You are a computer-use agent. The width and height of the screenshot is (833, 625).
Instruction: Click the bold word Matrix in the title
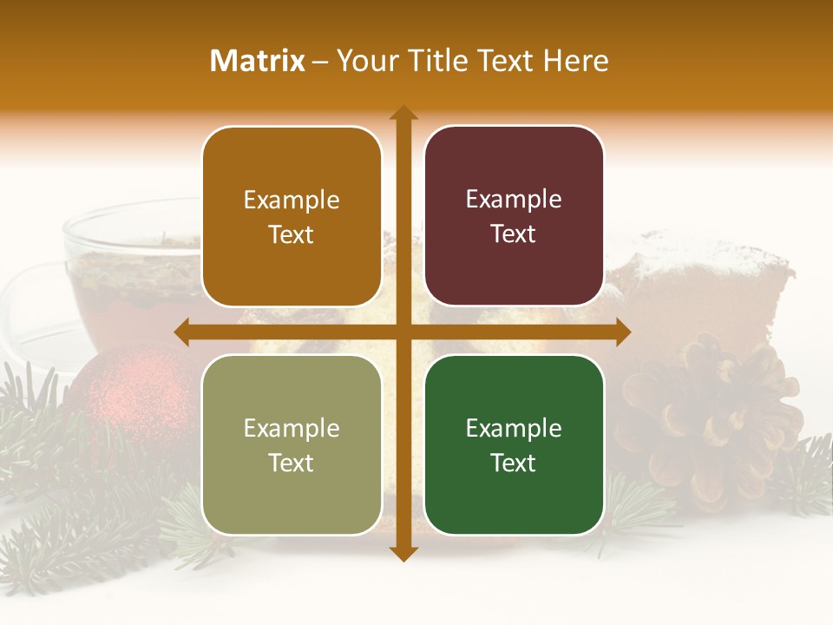[258, 61]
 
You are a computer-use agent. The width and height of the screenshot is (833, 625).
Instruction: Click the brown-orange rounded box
[292, 217]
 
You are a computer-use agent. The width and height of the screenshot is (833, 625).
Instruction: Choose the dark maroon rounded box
[514, 216]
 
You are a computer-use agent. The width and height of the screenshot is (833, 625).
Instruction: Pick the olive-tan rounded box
[292, 445]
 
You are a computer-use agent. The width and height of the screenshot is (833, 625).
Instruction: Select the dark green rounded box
[514, 444]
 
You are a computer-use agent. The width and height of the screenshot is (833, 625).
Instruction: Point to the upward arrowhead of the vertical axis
[403, 114]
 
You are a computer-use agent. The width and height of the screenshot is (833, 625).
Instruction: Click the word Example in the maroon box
[514, 199]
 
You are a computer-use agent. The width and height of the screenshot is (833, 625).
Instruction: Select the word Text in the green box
[514, 463]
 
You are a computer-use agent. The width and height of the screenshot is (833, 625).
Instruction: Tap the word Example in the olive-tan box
[292, 428]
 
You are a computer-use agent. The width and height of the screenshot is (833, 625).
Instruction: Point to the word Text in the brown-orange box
[292, 234]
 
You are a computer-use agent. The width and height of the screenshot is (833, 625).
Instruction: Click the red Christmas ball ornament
[130, 391]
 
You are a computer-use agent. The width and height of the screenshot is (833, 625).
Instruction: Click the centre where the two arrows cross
[403, 332]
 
